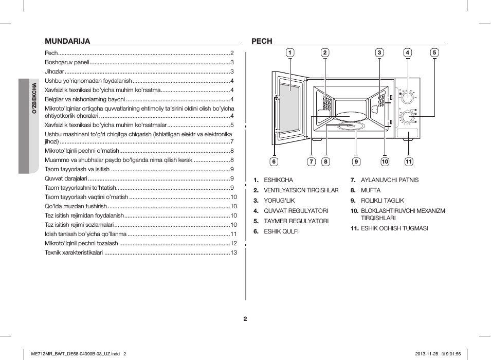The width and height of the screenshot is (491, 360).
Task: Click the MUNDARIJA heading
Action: click(x=67, y=41)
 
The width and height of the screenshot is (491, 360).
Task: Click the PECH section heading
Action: click(x=262, y=41)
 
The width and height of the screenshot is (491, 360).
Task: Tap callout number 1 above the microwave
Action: click(x=290, y=52)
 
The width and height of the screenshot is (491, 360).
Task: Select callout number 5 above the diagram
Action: click(x=434, y=52)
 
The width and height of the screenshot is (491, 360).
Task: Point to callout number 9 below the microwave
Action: click(x=356, y=161)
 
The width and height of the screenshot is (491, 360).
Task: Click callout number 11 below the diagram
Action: click(x=409, y=161)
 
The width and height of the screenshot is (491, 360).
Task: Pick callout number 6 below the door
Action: click(x=274, y=161)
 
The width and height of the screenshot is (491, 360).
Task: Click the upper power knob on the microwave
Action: click(x=407, y=97)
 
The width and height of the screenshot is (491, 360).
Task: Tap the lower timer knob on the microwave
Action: click(x=407, y=117)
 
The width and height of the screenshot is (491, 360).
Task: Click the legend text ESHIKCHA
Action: click(x=278, y=180)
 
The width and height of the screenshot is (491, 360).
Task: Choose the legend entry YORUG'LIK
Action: click(x=279, y=201)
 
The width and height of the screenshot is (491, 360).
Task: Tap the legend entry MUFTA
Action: click(x=371, y=190)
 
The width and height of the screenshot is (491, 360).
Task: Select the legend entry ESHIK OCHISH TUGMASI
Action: click(x=394, y=228)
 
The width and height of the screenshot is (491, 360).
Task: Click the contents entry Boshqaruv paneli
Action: click(x=67, y=62)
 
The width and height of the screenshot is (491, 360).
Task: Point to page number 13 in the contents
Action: click(x=234, y=253)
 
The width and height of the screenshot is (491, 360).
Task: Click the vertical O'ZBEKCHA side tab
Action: click(x=34, y=98)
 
